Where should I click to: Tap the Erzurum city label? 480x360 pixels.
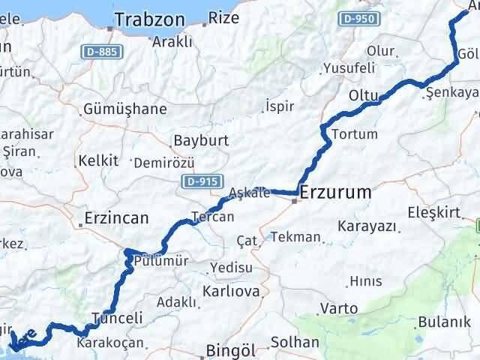[335, 193]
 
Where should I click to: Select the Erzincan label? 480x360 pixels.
[116, 217]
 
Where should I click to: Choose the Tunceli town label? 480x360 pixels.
[116, 318]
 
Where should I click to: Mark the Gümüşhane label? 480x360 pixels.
[126, 109]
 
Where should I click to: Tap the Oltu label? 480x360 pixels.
[364, 95]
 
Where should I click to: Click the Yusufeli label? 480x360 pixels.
[349, 68]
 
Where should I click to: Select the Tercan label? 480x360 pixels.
[213, 217]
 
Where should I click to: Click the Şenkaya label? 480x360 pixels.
[451, 92]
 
